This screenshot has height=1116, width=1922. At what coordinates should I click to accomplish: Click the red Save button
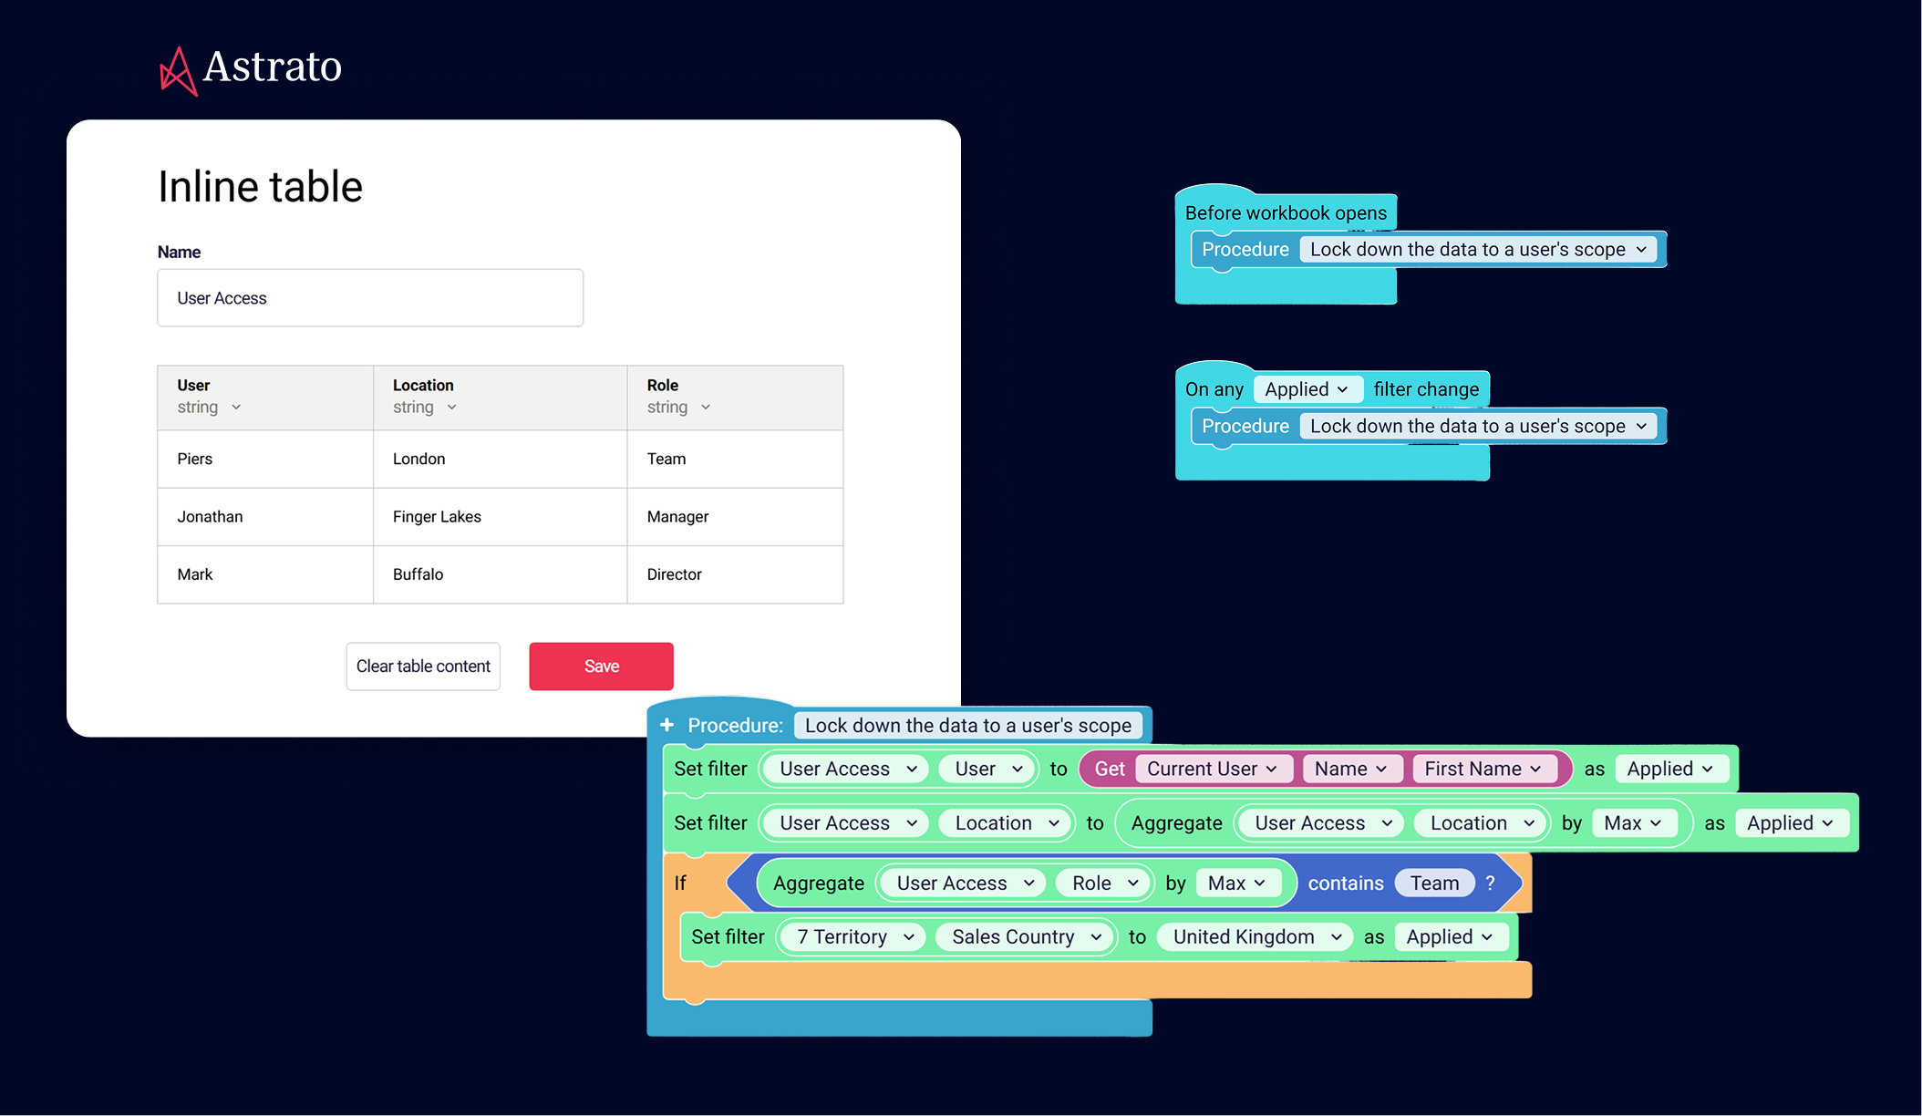tap(601, 666)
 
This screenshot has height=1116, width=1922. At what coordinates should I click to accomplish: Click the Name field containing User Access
tap(369, 298)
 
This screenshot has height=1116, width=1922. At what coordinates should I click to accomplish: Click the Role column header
tap(663, 385)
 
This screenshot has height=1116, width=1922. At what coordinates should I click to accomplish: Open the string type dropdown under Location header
tap(425, 408)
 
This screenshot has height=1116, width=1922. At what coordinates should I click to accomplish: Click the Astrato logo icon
tap(178, 71)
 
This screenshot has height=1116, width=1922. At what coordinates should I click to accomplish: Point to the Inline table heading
tap(260, 187)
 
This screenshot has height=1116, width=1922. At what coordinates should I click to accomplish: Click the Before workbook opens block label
tap(1286, 213)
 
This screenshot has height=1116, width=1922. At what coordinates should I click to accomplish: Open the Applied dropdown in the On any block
tap(1307, 389)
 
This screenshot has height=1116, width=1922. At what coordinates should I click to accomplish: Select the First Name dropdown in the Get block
tap(1483, 769)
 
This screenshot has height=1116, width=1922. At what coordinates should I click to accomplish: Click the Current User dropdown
tap(1212, 769)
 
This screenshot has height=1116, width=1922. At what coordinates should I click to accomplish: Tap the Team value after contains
tap(1434, 883)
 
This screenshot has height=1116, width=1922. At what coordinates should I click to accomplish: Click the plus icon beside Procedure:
tap(667, 725)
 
